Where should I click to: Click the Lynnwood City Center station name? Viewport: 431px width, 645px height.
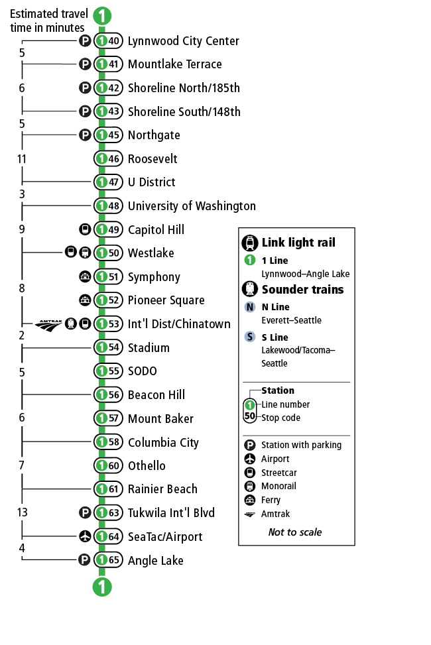click(183, 41)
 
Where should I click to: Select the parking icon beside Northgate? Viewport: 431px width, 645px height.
click(85, 135)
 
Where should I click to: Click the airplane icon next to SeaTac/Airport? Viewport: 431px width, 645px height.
click(85, 537)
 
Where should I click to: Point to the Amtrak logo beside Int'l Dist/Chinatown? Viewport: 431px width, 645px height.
click(48, 325)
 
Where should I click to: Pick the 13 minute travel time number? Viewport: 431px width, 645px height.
click(23, 512)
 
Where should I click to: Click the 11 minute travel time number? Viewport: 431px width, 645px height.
click(22, 159)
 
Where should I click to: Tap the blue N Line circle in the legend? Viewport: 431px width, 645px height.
click(250, 307)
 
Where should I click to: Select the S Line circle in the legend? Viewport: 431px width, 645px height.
click(250, 337)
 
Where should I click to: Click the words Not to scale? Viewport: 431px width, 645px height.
click(295, 532)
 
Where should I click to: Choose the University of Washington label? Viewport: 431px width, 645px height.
click(192, 206)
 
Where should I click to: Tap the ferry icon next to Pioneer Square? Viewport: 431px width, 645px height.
click(85, 300)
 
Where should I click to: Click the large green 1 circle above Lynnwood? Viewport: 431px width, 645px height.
click(101, 16)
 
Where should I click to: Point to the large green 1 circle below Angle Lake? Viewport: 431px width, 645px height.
click(101, 586)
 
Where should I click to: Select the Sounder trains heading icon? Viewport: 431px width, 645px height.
click(250, 289)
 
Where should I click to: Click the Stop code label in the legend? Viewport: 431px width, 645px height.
click(280, 418)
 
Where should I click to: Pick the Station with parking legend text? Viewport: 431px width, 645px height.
click(301, 445)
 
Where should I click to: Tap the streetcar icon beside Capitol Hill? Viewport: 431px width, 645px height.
click(85, 230)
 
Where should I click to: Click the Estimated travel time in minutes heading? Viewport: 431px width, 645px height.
click(48, 21)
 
